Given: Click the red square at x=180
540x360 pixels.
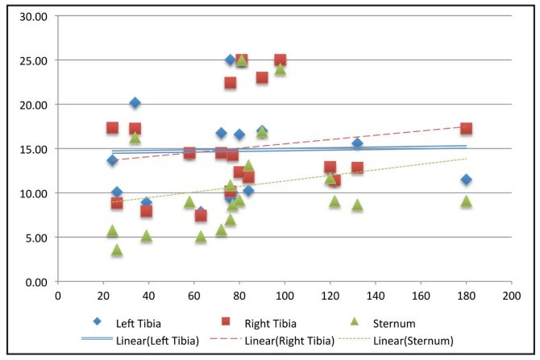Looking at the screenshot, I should click(x=466, y=129).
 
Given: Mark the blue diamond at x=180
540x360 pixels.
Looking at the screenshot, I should click(x=466, y=180).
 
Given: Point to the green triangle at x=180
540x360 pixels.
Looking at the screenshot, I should click(x=466, y=201).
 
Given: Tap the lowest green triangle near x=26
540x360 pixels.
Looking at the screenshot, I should click(x=117, y=250).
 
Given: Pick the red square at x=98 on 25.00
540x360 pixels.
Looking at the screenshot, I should click(x=280, y=60).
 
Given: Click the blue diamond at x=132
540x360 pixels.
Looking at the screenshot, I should click(x=357, y=144).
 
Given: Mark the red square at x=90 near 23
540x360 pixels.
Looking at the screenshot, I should click(x=262, y=78).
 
